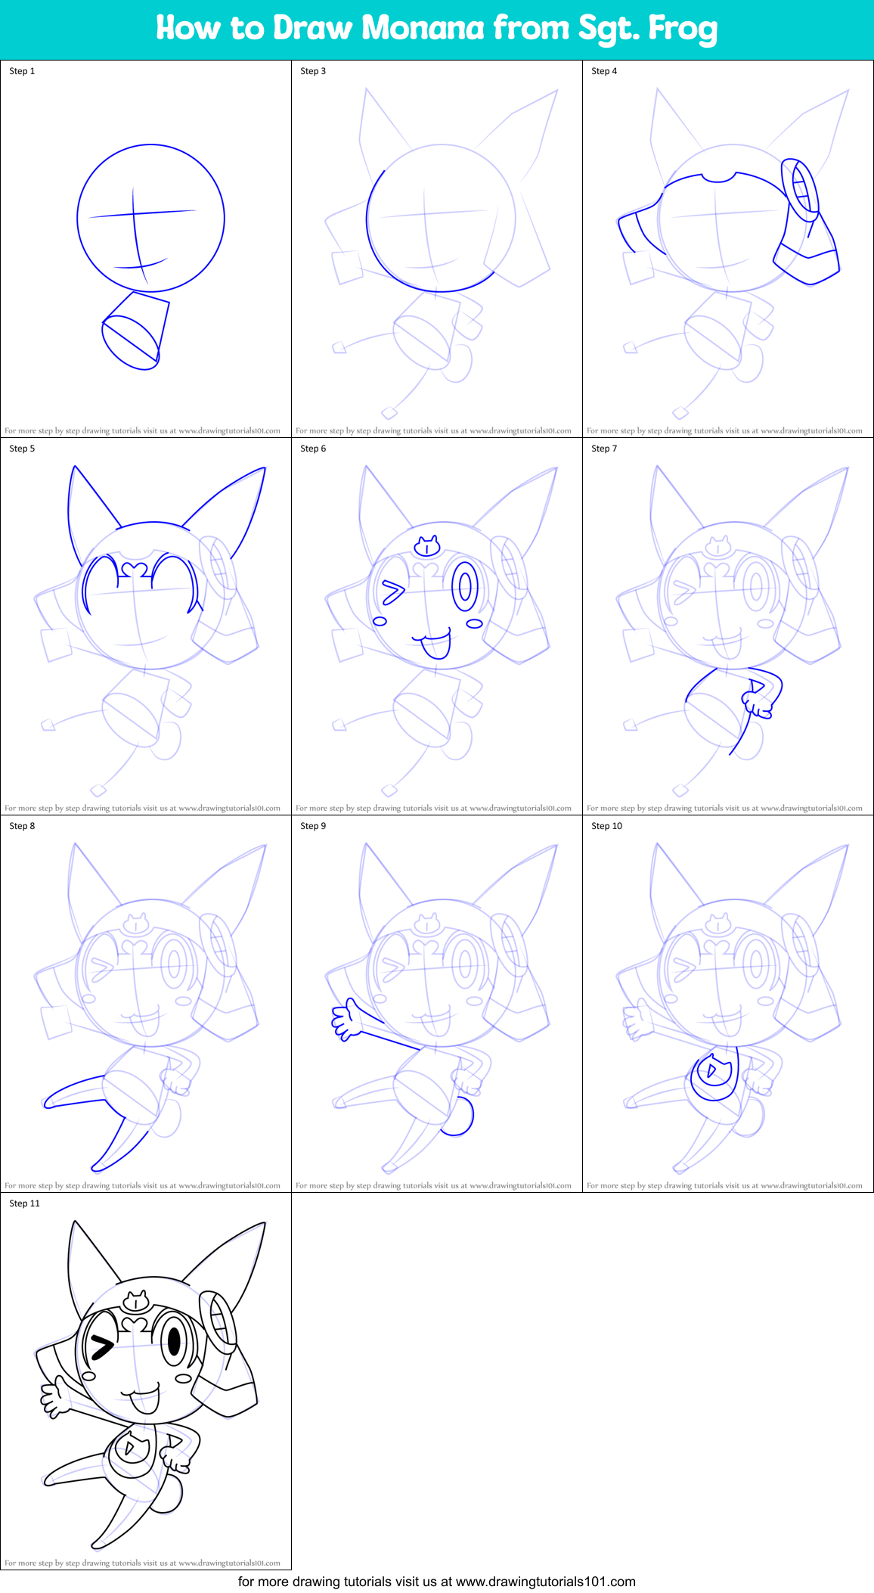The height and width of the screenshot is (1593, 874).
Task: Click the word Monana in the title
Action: click(423, 28)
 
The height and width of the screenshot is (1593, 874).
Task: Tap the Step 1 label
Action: click(22, 71)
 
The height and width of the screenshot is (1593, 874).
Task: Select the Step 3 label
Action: click(313, 71)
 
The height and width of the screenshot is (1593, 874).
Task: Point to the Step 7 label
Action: click(604, 449)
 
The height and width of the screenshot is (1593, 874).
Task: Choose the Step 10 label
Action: click(606, 826)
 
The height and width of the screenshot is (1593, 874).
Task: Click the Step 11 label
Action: click(24, 1203)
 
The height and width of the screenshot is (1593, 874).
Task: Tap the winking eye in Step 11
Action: click(101, 1346)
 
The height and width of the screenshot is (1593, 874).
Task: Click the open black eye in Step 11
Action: click(174, 1341)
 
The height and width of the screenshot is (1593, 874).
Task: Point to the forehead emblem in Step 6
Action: click(427, 545)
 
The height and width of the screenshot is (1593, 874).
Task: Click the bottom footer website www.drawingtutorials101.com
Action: click(545, 1582)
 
